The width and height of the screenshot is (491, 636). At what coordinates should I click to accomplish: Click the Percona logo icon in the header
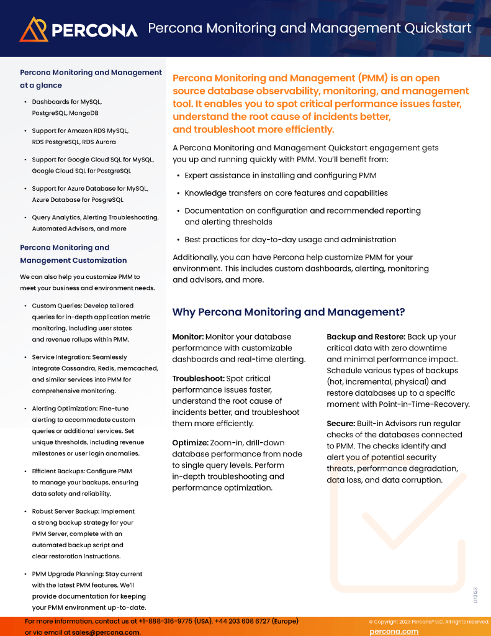(34, 29)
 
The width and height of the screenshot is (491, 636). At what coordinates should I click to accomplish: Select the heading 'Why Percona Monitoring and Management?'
(288, 312)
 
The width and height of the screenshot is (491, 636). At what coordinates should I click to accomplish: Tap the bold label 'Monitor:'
(187, 337)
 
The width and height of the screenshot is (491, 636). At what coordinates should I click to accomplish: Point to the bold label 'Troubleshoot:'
(198, 378)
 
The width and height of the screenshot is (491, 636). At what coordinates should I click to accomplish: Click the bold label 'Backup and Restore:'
(366, 337)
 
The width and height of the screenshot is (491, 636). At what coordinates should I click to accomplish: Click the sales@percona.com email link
(105, 632)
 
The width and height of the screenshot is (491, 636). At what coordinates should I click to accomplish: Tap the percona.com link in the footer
(394, 631)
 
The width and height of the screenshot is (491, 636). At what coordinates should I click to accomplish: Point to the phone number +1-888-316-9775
(163, 620)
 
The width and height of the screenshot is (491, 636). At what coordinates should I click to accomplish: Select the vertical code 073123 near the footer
(475, 594)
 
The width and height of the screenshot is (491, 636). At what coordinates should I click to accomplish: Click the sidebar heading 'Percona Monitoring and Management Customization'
(73, 254)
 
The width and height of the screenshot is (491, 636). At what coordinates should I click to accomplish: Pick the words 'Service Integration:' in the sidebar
(61, 357)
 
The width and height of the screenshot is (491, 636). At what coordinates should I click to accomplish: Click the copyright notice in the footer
(428, 621)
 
